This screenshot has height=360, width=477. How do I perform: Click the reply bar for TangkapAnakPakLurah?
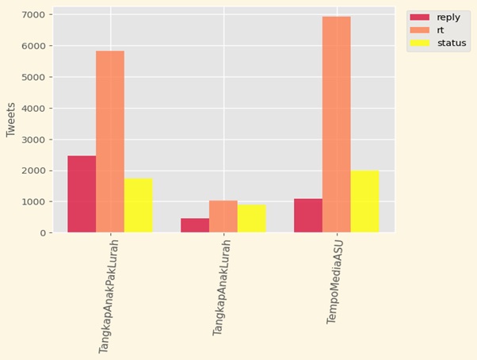(x=82, y=194)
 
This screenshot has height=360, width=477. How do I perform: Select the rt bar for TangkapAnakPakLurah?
(x=110, y=142)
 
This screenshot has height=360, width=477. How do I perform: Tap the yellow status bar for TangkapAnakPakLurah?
(x=138, y=205)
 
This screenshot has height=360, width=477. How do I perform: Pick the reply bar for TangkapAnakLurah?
(x=195, y=225)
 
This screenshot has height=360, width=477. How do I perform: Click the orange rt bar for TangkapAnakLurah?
(x=223, y=216)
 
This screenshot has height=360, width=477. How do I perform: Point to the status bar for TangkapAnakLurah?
(x=251, y=219)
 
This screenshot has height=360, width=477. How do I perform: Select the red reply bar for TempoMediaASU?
(x=308, y=216)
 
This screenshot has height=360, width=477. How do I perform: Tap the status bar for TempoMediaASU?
(x=364, y=201)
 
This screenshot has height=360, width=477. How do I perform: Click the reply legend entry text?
(x=448, y=17)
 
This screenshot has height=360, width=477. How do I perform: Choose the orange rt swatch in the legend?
(x=419, y=30)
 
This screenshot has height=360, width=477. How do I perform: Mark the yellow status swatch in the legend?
(x=419, y=43)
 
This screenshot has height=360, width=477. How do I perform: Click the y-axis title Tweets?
(x=11, y=119)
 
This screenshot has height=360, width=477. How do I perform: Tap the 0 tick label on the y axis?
(x=42, y=233)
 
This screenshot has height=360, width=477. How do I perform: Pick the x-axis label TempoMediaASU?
(x=337, y=282)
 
